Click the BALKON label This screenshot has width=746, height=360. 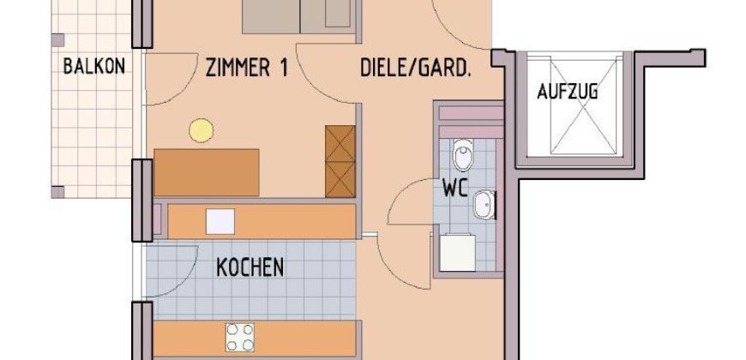(94, 66)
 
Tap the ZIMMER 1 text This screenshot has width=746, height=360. (247, 68)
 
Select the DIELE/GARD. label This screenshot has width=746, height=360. (415, 68)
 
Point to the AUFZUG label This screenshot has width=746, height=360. (567, 91)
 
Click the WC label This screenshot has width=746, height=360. (455, 188)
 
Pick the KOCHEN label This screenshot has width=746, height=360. (250, 267)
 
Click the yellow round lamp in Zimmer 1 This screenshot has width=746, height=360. (202, 130)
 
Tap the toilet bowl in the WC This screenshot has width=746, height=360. (463, 154)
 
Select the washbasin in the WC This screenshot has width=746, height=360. (484, 205)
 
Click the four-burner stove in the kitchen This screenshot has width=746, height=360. (240, 338)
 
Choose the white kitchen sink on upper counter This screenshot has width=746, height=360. (220, 222)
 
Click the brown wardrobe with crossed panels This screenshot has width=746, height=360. (340, 161)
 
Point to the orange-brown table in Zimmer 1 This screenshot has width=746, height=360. (207, 172)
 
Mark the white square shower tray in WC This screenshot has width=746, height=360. (458, 253)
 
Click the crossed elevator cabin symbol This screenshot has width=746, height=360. (587, 105)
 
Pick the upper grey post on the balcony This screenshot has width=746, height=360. (57, 40)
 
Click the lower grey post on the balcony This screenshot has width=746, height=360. (57, 192)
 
